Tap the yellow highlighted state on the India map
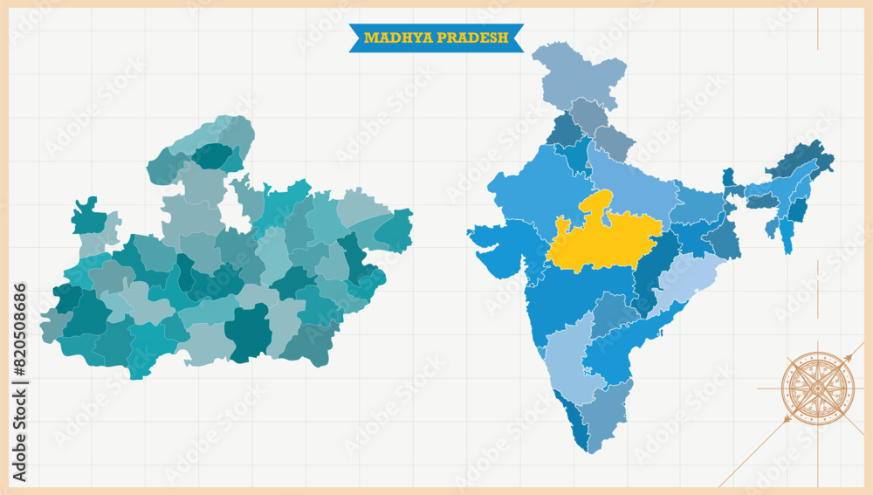(602, 240)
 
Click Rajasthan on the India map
(533, 188)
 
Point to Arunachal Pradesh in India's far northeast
(799, 162)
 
